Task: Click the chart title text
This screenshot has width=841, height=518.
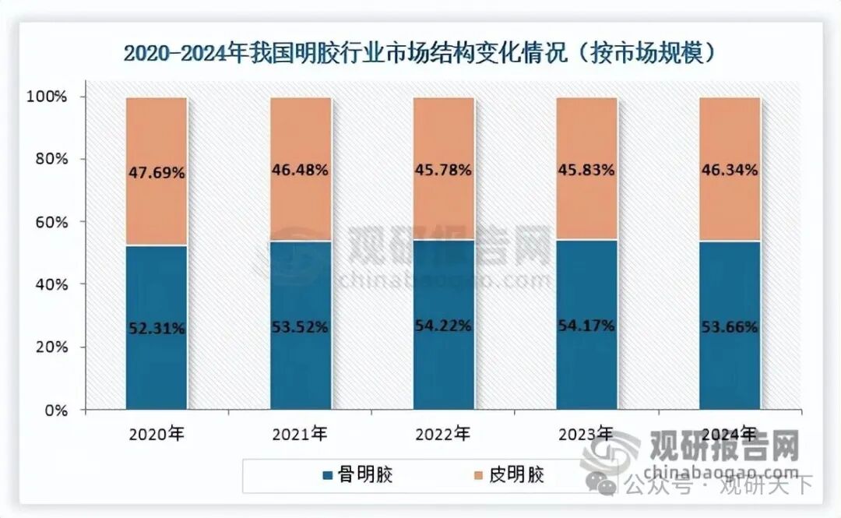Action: [x=420, y=53]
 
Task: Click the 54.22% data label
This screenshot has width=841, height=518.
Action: [x=443, y=326]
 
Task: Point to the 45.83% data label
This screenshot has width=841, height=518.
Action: [x=586, y=169]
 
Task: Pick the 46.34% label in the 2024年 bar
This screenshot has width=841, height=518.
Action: [x=730, y=169]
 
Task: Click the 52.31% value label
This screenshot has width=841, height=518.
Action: [x=157, y=329]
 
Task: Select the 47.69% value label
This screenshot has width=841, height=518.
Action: [x=157, y=173]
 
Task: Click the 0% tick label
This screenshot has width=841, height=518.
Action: [x=56, y=410]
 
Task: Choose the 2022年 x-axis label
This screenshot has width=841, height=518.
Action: [x=443, y=433]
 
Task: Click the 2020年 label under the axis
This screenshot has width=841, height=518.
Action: [x=157, y=433]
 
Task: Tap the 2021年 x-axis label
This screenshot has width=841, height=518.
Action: [x=301, y=433]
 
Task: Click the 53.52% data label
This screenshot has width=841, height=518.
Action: [x=301, y=327]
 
